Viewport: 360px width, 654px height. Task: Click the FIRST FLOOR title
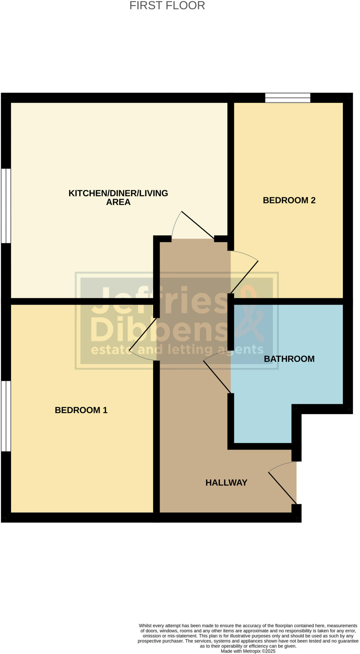pyautogui.click(x=167, y=6)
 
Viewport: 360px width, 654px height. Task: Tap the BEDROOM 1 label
pyautogui.click(x=81, y=410)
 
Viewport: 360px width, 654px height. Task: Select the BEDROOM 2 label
pyautogui.click(x=289, y=200)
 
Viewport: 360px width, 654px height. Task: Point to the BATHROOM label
pyautogui.click(x=289, y=359)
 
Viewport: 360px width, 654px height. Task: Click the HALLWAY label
pyautogui.click(x=226, y=483)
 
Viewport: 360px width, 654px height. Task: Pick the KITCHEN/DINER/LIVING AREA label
pyautogui.click(x=118, y=197)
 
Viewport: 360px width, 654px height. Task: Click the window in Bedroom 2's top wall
pyautogui.click(x=288, y=98)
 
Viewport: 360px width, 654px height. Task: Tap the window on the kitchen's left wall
pyautogui.click(x=6, y=206)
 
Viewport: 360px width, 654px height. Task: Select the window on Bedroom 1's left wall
pyautogui.click(x=6, y=416)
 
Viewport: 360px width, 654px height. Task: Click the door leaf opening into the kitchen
pyautogui.click(x=198, y=225)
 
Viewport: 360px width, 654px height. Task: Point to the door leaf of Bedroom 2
pyautogui.click(x=244, y=277)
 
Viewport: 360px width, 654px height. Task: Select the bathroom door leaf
pyautogui.click(x=217, y=377)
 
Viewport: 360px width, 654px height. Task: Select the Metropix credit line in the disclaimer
pyautogui.click(x=248, y=651)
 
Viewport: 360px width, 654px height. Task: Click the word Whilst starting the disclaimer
pyautogui.click(x=146, y=626)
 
